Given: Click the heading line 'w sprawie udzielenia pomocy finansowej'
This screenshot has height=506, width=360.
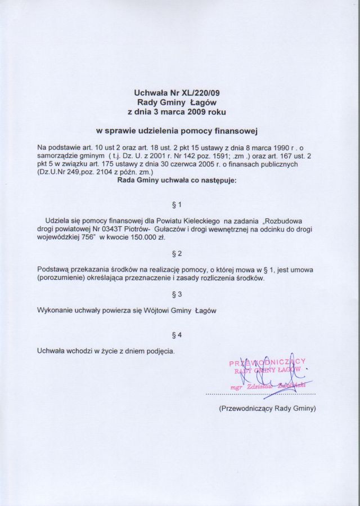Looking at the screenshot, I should point(176,131).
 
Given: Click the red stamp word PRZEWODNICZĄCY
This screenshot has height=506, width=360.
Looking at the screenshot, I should point(267,362).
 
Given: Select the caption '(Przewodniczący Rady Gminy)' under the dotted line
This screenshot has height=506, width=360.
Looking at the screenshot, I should point(267,409).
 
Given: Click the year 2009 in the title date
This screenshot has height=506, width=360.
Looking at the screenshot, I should point(190,111).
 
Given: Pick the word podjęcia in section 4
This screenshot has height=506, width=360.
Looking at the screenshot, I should point(159,352).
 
